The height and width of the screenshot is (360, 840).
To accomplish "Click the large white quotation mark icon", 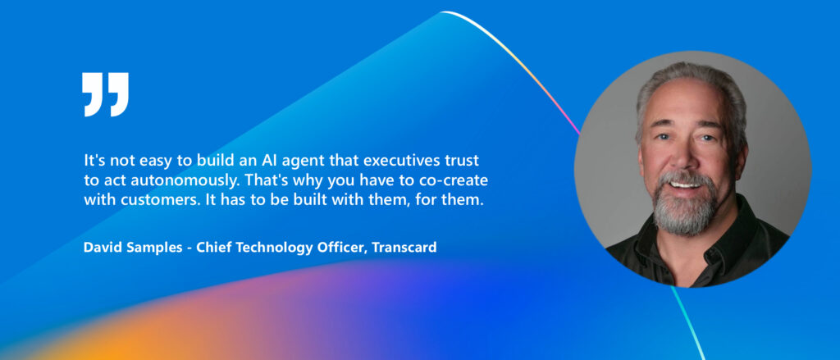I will pyautogui.click(x=106, y=93).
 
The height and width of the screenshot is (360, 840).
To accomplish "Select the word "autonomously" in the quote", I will pyautogui.click(x=169, y=180).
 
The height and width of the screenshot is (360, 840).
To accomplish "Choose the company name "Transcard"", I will pyautogui.click(x=404, y=247).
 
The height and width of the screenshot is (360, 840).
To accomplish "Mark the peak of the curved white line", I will pyautogui.click(x=444, y=12).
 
